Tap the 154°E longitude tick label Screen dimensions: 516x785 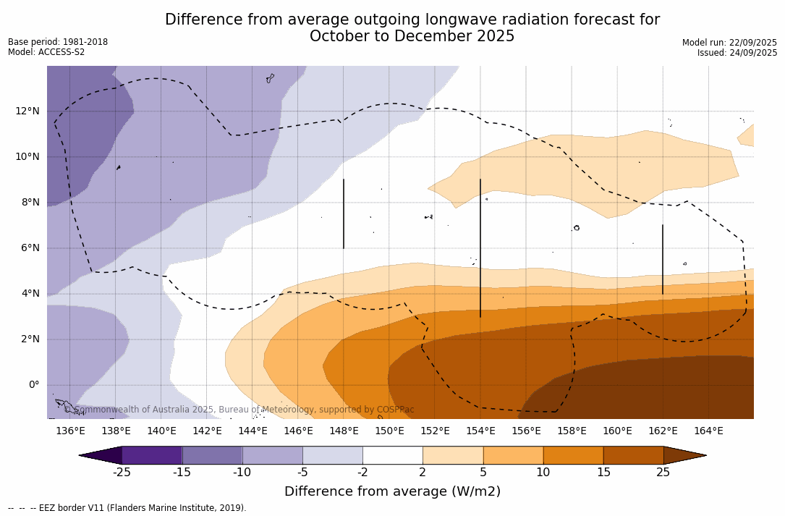click(x=480, y=431)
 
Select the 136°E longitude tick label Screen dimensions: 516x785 click(x=70, y=431)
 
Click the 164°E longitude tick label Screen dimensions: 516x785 click(x=708, y=431)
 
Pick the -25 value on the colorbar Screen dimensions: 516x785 click(x=122, y=473)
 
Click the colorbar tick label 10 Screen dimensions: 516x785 click(x=543, y=473)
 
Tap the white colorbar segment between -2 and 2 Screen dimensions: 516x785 click(x=392, y=455)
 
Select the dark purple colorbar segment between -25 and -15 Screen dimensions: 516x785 click(x=152, y=455)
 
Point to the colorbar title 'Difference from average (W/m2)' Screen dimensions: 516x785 click(x=392, y=491)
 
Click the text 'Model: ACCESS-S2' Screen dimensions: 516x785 click(x=46, y=52)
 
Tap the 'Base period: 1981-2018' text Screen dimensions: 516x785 click(x=58, y=42)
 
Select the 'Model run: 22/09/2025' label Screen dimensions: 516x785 click(x=729, y=43)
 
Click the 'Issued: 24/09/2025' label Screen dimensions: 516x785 click(x=737, y=53)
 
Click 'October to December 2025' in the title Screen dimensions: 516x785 click(x=412, y=36)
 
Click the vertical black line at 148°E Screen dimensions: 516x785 click(x=343, y=213)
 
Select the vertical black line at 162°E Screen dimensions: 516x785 click(x=662, y=259)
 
